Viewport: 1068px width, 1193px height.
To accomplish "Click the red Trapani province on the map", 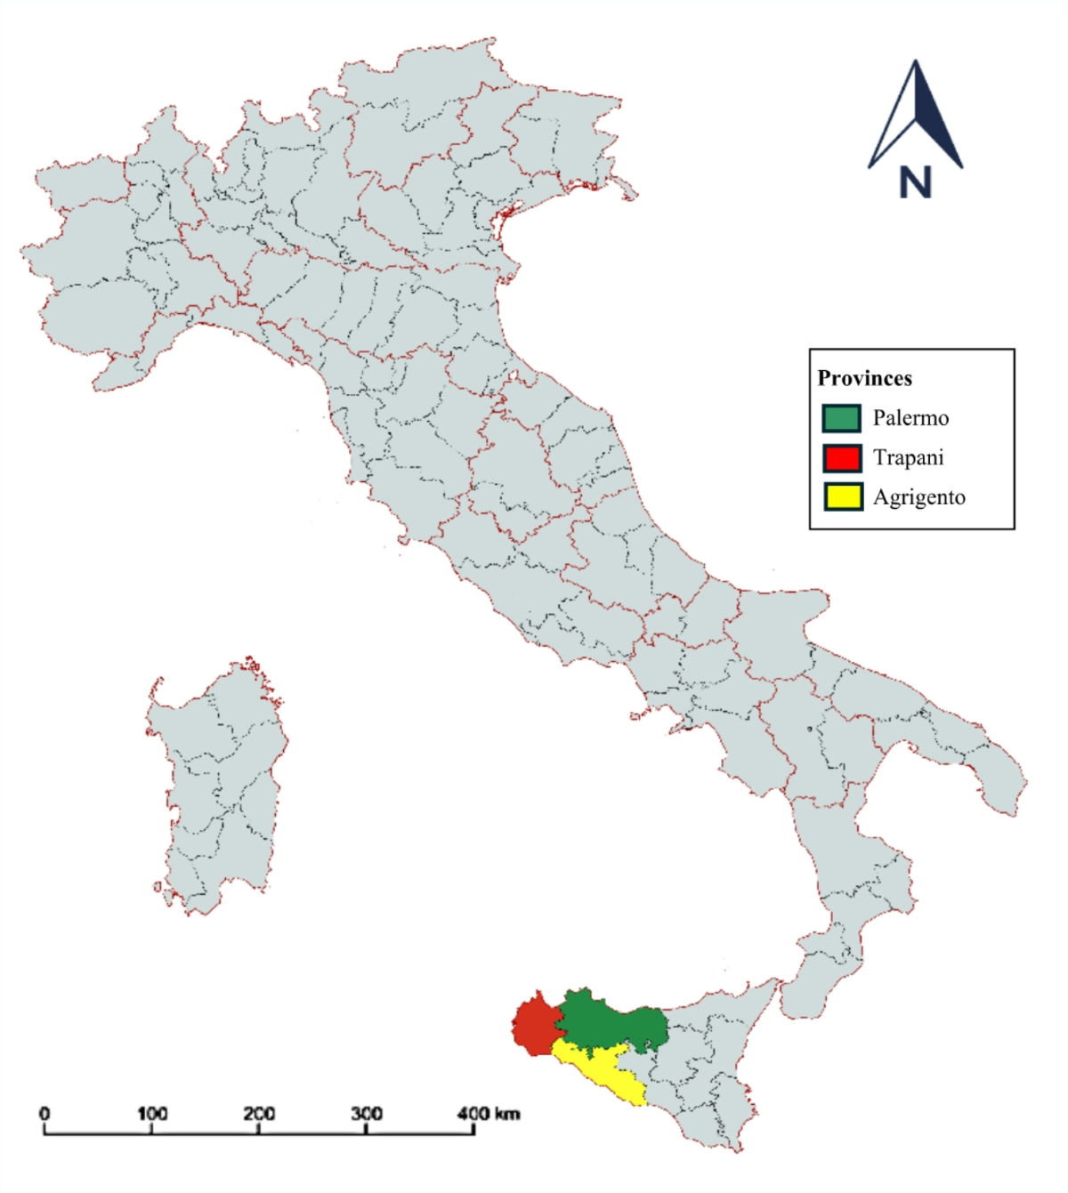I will click(x=535, y=1027).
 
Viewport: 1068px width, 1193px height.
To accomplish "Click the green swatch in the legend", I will click(x=841, y=418).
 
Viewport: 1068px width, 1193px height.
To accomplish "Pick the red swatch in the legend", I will click(x=841, y=458).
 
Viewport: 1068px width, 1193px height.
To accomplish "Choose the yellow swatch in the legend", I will click(x=841, y=497).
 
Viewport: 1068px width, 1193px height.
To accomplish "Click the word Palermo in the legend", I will click(x=910, y=418).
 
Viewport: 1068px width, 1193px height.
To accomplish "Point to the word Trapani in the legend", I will click(x=908, y=458).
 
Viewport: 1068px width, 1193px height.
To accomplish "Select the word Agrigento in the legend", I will click(x=918, y=497).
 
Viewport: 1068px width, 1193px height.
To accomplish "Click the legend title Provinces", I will click(x=864, y=378).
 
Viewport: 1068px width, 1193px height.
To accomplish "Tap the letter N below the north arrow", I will click(x=915, y=182).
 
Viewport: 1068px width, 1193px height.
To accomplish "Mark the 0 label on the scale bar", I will click(x=44, y=1114).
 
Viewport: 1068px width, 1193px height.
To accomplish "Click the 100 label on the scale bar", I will click(x=152, y=1114).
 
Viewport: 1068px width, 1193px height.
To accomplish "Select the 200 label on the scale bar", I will click(x=259, y=1114).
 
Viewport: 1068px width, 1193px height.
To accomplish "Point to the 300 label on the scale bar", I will click(x=367, y=1114).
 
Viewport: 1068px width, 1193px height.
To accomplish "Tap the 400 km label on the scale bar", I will click(x=488, y=1114).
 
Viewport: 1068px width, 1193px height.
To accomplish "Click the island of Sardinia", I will click(x=218, y=783).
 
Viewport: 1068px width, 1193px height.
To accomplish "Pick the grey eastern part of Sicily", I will click(x=712, y=1059).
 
